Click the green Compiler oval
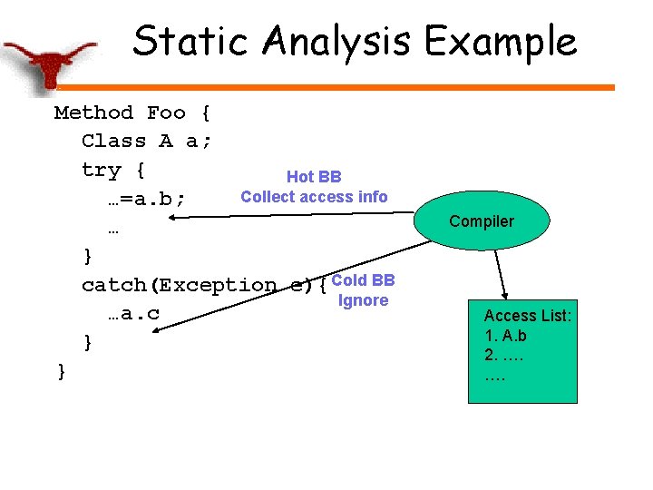(481, 221)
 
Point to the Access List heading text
(527, 316)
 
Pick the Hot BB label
(314, 177)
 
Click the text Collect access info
(314, 197)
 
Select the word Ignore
(363, 300)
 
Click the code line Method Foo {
(132, 113)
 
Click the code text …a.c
(134, 314)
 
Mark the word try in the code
(101, 170)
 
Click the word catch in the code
(115, 286)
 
